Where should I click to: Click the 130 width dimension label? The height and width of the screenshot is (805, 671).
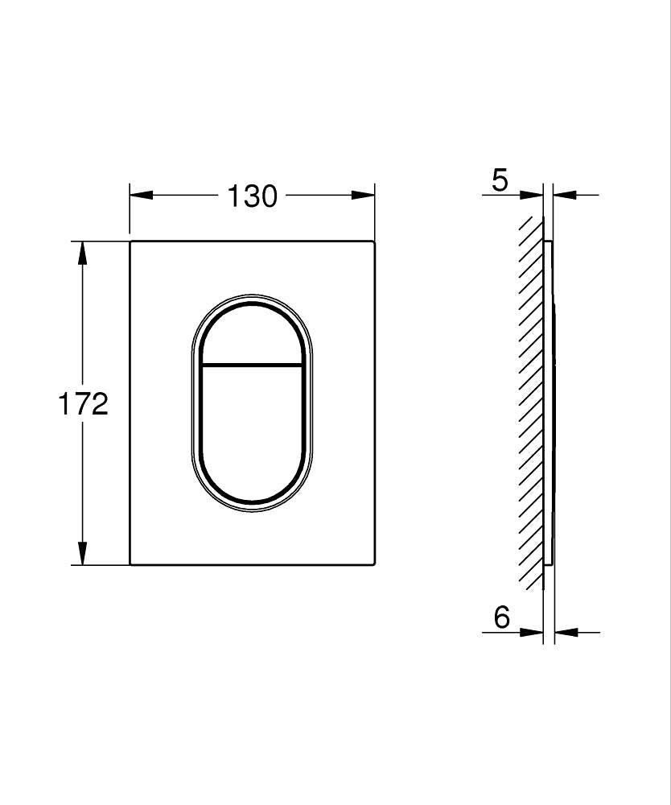[x=252, y=196]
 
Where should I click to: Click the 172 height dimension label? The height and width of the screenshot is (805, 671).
[x=83, y=403]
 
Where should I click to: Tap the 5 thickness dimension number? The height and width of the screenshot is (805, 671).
[x=500, y=180]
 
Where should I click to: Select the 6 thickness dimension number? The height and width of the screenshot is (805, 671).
[x=502, y=617]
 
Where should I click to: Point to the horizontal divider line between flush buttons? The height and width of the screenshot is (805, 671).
[x=251, y=365]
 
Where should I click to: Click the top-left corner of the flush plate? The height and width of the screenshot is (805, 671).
[x=131, y=241]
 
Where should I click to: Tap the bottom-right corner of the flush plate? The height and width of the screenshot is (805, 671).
[x=374, y=563]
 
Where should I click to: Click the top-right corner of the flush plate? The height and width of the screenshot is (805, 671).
[x=374, y=241]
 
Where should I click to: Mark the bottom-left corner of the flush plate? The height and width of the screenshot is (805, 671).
[x=131, y=563]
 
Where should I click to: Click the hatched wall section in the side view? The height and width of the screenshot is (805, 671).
[x=532, y=402]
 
